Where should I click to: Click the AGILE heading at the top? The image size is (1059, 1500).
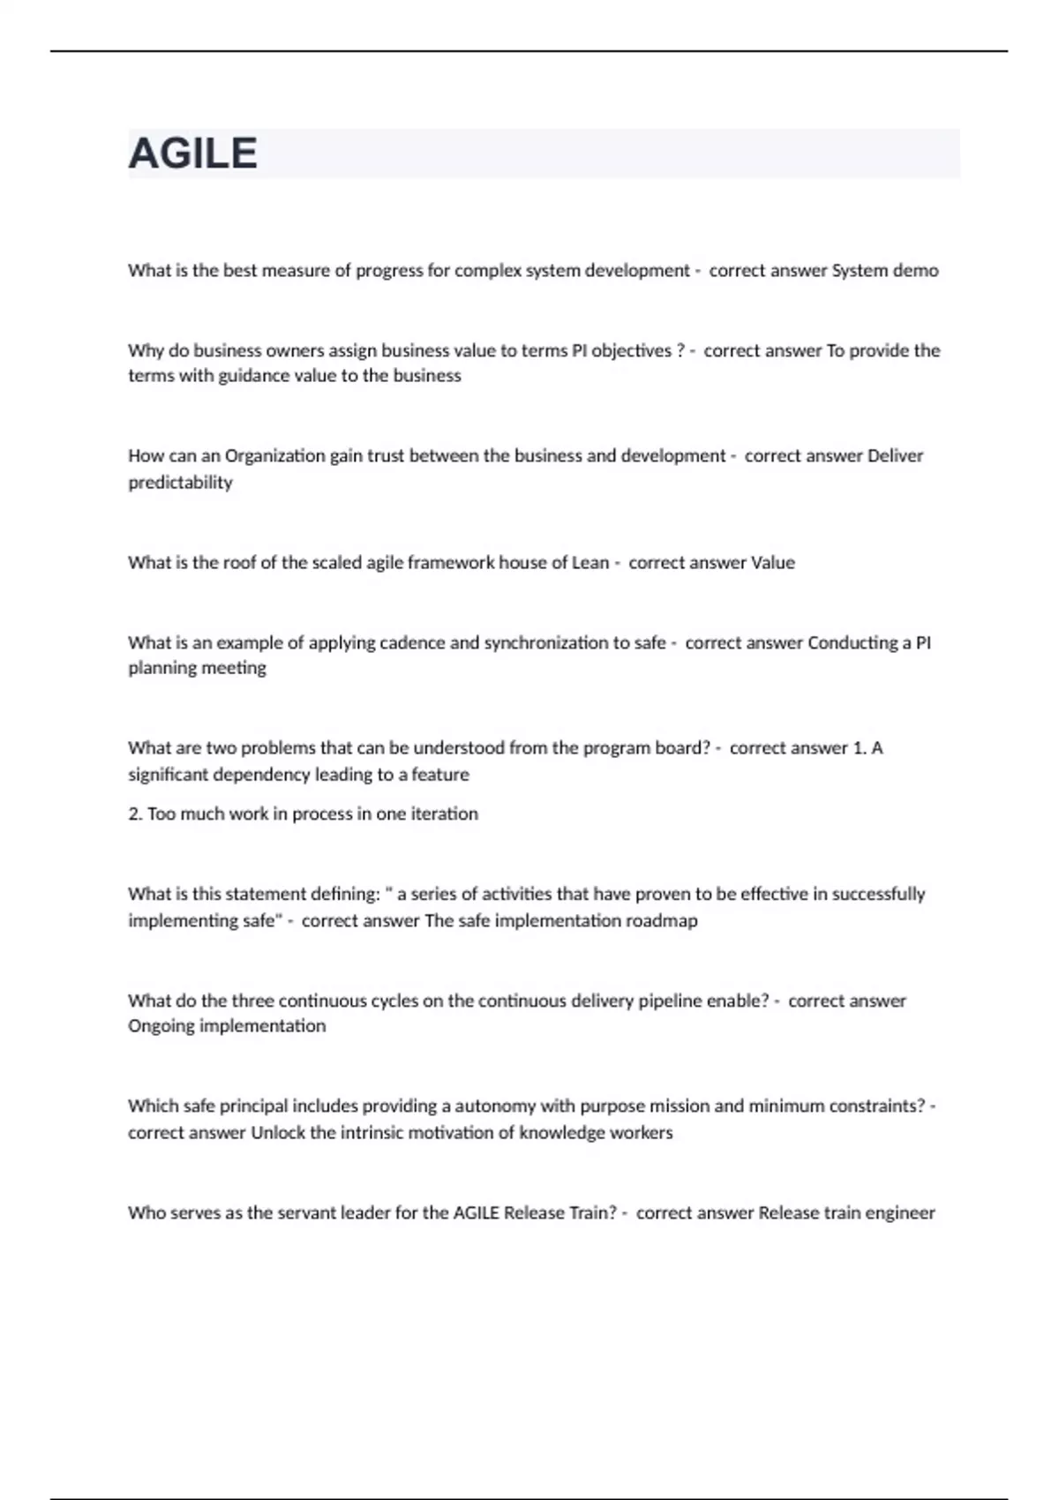click(x=192, y=154)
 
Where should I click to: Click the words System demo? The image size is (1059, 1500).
click(x=885, y=271)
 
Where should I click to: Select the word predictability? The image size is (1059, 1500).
click(x=180, y=483)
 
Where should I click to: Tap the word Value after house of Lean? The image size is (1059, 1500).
click(x=772, y=563)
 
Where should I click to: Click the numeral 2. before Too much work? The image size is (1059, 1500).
click(x=135, y=814)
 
